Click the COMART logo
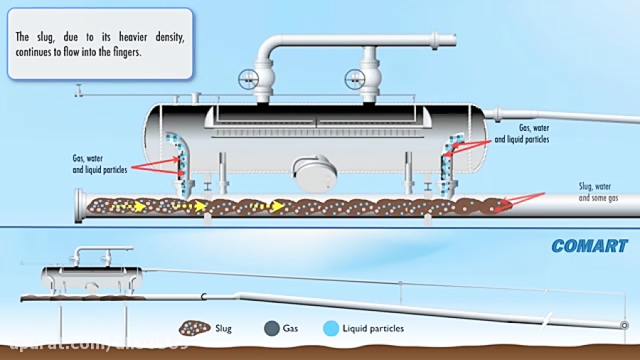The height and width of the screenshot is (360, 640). [x=589, y=246]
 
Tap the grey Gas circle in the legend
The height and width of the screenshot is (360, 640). [x=270, y=328]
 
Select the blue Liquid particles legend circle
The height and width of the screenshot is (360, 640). [x=330, y=328]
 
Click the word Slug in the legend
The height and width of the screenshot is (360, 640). [x=223, y=329]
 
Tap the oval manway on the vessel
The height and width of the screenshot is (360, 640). [x=315, y=174]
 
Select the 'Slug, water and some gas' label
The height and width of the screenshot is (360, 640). [x=598, y=193]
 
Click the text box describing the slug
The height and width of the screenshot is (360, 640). [x=100, y=43]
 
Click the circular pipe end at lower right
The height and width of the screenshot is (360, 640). [x=624, y=325]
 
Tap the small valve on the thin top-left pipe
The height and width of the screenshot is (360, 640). [x=79, y=90]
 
